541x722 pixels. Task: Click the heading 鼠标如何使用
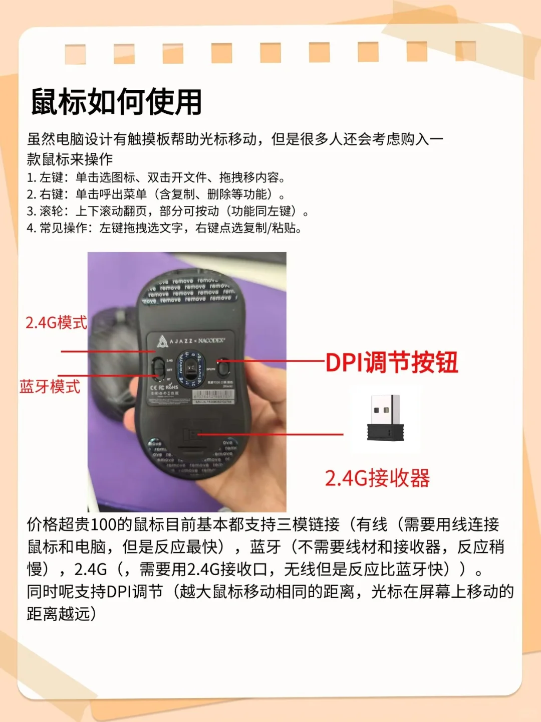tap(116, 102)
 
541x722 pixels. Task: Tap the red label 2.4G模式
tap(56, 322)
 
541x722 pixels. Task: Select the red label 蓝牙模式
tap(50, 387)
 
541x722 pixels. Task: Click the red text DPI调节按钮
tap(392, 362)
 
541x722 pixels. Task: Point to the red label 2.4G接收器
tap(377, 478)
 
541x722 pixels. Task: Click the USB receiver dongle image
tap(385, 418)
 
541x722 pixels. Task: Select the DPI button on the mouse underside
tap(223, 367)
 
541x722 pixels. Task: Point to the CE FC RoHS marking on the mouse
tap(164, 387)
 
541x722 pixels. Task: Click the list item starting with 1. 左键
tap(156, 177)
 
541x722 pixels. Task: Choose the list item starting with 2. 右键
tap(156, 195)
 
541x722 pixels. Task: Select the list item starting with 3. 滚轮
tap(168, 211)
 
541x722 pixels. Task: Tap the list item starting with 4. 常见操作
tap(164, 228)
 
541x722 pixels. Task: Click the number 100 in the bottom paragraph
tap(104, 524)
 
